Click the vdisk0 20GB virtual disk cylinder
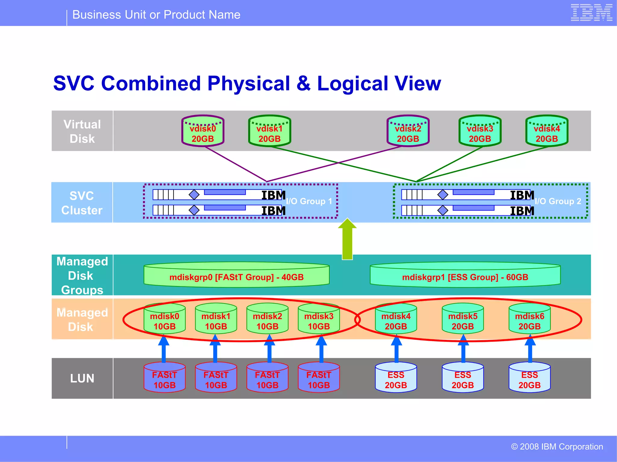coord(203,131)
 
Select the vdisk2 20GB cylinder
coord(408,131)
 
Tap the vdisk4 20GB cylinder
coord(547,131)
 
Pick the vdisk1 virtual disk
coord(269,131)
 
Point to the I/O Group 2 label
coord(558,201)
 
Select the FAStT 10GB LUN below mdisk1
coord(216,378)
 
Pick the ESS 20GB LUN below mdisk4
coord(396,378)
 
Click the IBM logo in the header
coord(591,13)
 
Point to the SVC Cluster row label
coord(82,203)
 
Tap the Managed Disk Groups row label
coord(82,276)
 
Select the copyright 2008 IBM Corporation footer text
coord(557,447)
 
